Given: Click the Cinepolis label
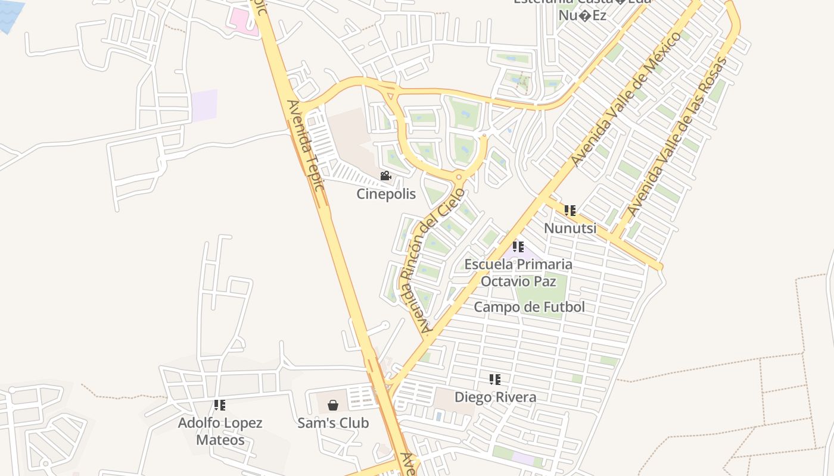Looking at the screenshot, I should click(x=386, y=194).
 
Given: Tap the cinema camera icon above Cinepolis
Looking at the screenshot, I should click(x=386, y=176).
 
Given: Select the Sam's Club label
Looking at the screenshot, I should click(x=333, y=423).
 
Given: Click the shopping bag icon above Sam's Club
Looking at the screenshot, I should click(x=333, y=405).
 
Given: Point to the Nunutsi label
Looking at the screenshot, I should click(x=570, y=228).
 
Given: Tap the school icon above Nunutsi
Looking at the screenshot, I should click(x=570, y=211).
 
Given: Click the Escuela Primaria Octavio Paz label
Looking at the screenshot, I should click(x=518, y=272).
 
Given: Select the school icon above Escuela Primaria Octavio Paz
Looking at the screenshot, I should click(x=518, y=246).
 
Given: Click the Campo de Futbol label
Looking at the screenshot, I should click(x=529, y=307).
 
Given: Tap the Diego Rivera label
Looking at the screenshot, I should click(x=495, y=397).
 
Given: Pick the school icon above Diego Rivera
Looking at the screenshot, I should click(x=494, y=379).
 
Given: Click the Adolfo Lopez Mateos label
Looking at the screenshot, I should click(x=220, y=431).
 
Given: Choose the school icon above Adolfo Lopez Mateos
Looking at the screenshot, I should click(x=220, y=405).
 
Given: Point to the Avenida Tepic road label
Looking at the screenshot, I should click(x=306, y=146).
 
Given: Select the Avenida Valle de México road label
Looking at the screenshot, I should click(x=626, y=99).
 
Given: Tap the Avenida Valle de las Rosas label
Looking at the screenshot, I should click(x=678, y=137).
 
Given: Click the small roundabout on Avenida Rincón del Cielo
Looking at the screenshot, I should click(x=458, y=177).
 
